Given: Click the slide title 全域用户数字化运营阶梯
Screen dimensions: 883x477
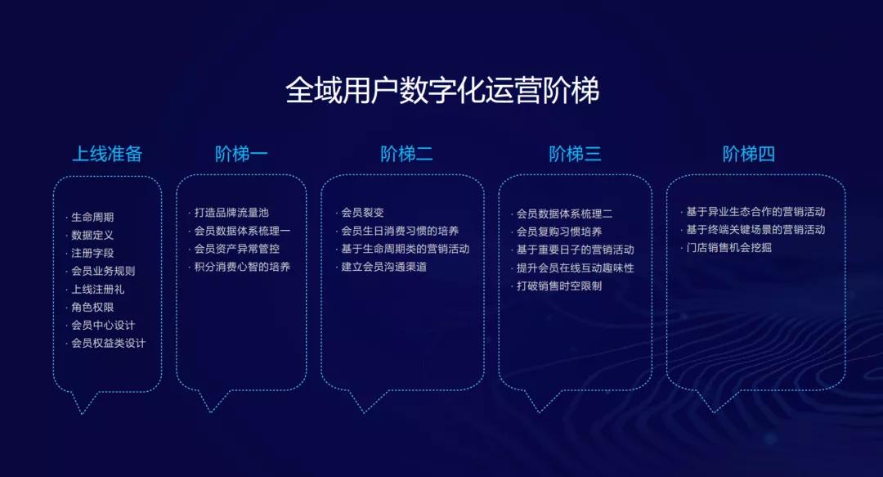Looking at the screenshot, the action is coord(442,90).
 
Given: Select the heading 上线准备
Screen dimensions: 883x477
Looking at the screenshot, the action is coord(107,153).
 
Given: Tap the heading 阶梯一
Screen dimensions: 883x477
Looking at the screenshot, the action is coord(241,153).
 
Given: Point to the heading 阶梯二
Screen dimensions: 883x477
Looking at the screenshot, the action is coord(406,153).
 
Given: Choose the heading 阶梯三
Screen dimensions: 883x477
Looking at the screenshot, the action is coord(575,153).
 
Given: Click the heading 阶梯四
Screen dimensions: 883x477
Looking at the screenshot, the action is coord(748,153).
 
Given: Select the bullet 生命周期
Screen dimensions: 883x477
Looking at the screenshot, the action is coord(92,217).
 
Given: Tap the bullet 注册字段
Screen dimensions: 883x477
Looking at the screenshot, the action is coord(92,253).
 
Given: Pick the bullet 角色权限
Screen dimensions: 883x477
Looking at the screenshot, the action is coord(92,308).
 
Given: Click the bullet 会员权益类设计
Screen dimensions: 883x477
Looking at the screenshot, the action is coord(108,343).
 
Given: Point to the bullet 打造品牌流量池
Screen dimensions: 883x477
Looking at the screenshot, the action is coord(231,213).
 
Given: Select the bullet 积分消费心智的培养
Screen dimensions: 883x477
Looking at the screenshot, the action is coord(242,267).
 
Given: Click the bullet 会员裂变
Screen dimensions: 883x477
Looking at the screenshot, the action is coord(363,213).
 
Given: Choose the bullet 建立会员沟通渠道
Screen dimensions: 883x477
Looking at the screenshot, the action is coord(384,267).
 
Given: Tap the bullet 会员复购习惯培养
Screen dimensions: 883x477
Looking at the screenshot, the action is coord(559,232).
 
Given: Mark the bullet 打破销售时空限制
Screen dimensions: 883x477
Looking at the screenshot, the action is coord(559,286).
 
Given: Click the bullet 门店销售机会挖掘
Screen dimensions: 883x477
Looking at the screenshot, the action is coord(728,248).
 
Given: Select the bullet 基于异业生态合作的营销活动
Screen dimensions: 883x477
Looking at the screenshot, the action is coord(755,212).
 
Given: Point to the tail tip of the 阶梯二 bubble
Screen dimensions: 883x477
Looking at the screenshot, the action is coord(364,412).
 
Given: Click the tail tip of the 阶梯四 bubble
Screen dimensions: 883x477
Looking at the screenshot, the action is coord(714,412).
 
